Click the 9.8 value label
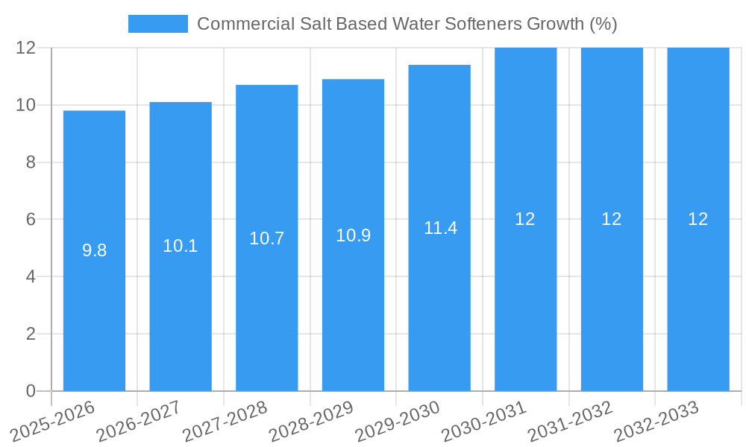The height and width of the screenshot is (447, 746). pos(94,250)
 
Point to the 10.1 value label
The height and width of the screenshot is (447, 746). pos(181,246)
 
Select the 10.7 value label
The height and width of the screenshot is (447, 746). pos(267,238)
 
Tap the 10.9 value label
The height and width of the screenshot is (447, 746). pos(353,235)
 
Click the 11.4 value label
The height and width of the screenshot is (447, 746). pos(440,228)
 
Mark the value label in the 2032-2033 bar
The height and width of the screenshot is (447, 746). pos(698,219)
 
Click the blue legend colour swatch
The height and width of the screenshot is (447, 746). pos(157,24)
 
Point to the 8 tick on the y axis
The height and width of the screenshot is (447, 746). pos(31,162)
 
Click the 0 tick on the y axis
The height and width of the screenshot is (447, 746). pos(31,391)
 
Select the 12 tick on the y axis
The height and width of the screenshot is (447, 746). pos(26,48)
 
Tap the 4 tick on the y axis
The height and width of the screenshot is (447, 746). pos(31,276)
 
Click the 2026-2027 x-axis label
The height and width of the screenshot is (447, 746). pos(139,422)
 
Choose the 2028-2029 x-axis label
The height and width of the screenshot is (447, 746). pos(311,422)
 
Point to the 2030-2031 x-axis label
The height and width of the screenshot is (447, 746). pos(484,422)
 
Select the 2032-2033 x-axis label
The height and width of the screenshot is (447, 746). pos(656,422)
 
